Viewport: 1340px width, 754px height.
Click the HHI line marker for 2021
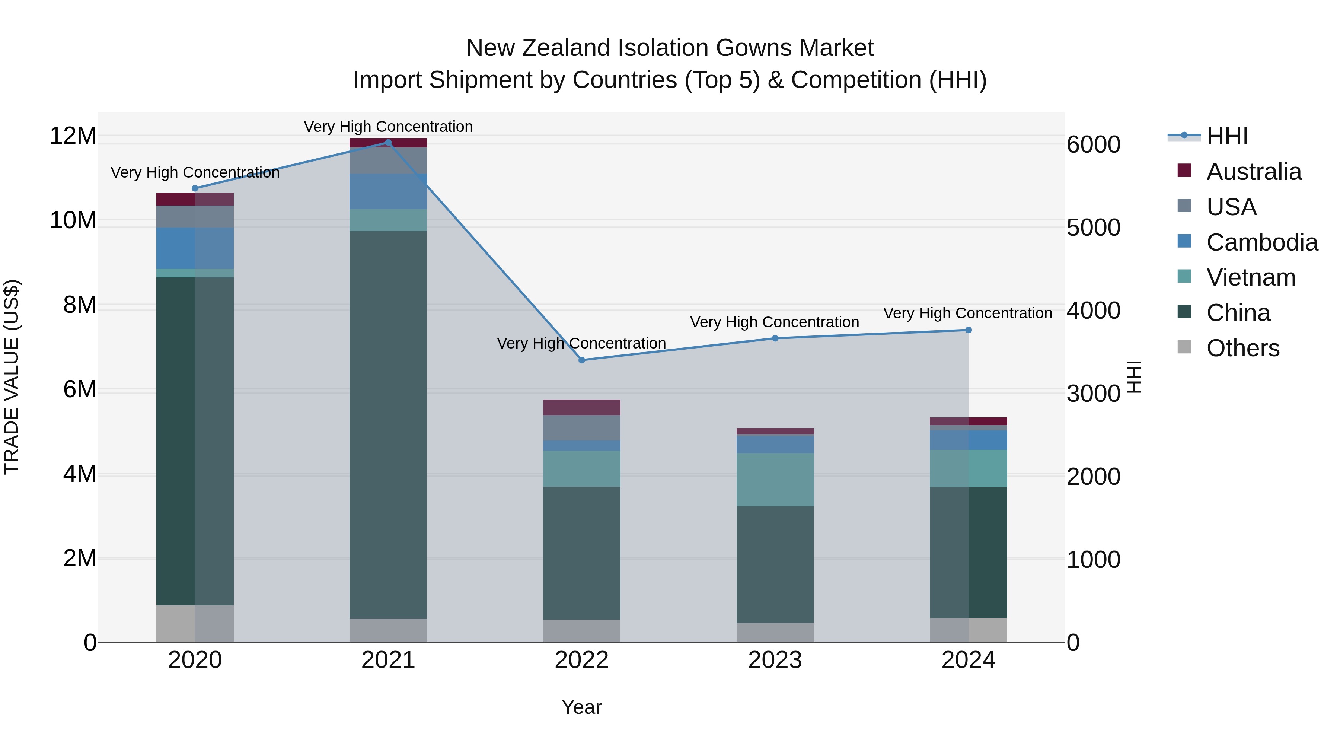388,143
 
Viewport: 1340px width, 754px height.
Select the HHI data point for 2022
581,360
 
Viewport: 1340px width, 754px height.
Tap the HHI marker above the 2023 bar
775,338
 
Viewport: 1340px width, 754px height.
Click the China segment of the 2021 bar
388,424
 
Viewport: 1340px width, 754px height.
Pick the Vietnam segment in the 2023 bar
775,479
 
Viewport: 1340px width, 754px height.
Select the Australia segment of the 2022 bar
581,407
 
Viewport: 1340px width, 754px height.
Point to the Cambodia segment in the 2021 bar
388,191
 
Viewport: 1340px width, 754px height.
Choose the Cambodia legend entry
1261,242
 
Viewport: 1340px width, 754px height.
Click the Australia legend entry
1253,172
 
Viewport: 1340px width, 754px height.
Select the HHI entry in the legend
1226,136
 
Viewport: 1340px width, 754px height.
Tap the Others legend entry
1242,348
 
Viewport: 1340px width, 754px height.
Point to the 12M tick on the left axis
73,136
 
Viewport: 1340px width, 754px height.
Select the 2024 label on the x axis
968,660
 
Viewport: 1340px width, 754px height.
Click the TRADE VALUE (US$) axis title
12,377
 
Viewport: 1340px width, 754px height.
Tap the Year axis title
581,707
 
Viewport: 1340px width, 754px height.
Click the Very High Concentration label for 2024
967,313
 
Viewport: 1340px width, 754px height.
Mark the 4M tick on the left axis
80,474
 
